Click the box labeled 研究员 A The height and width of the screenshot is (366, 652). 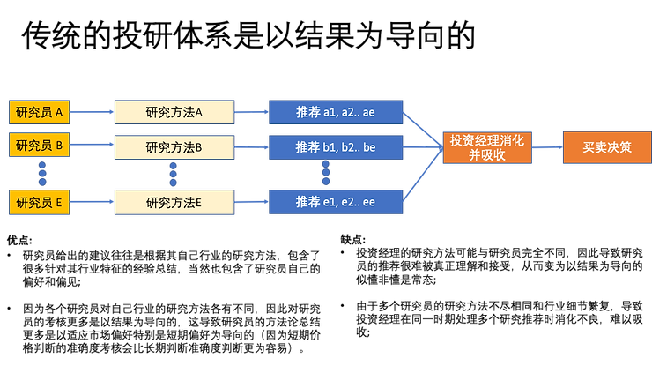pos(39,113)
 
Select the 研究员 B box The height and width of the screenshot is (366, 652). pos(39,146)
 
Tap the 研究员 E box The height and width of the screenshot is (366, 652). pos(39,202)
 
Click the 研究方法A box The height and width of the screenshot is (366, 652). pos(174,112)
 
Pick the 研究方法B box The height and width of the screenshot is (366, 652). pos(174,146)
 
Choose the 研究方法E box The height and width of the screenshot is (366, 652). pos(174,202)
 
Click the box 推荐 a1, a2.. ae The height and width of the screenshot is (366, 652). pos(336,112)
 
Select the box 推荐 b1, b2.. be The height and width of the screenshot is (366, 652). pos(336,146)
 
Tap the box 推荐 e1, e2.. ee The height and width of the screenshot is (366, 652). pos(336,202)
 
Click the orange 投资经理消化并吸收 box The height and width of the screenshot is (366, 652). pos(487,147)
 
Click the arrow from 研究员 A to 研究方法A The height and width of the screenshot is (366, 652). pos(92,112)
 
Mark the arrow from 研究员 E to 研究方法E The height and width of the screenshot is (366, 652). pos(92,202)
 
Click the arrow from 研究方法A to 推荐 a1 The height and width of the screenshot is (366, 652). pos(252,112)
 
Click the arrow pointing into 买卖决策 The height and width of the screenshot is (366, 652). pos(547,147)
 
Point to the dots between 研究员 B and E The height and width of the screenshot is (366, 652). pos(39,173)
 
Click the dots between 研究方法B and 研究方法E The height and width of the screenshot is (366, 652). pos(173,174)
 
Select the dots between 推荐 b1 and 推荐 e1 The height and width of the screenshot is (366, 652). pos(326,174)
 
